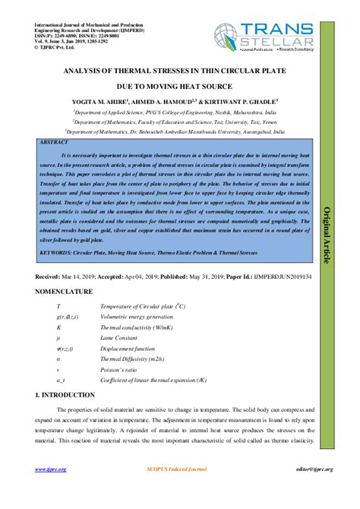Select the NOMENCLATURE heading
pyautogui.click(x=65, y=292)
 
